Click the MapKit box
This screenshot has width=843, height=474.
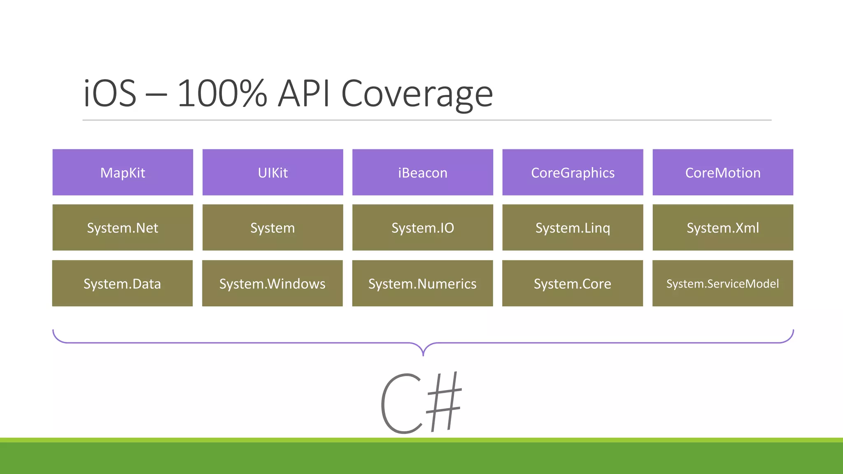coord(123,172)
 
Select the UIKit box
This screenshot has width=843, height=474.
coord(272,172)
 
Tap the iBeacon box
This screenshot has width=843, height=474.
coord(422,172)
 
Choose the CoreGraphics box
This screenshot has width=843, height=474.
coord(573,172)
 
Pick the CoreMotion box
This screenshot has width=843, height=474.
coord(722,172)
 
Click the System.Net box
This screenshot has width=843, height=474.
coord(123,228)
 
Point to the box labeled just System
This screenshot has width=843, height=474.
coord(272,228)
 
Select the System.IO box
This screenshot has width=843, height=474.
coord(422,228)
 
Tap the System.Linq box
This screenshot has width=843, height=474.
coord(573,228)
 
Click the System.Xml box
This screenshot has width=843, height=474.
coord(722,228)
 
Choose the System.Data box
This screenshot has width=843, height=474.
coord(122,283)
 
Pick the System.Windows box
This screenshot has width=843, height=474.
coord(272,283)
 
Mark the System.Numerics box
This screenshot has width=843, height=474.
coord(422,283)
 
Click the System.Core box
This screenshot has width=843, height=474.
coord(572,283)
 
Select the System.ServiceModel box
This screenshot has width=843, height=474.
coord(722,283)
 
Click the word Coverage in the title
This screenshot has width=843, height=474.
coord(417,95)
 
